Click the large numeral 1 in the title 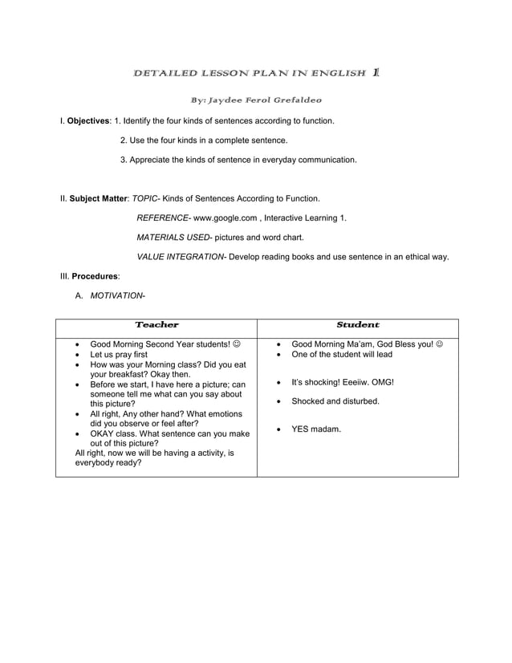[x=376, y=72]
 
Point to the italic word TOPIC [x=144, y=197]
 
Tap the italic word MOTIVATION [x=116, y=295]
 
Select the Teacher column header [x=156, y=325]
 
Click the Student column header [x=357, y=325]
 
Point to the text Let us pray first [x=119, y=354]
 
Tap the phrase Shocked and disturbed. [x=335, y=401]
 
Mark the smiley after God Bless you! [x=437, y=344]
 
